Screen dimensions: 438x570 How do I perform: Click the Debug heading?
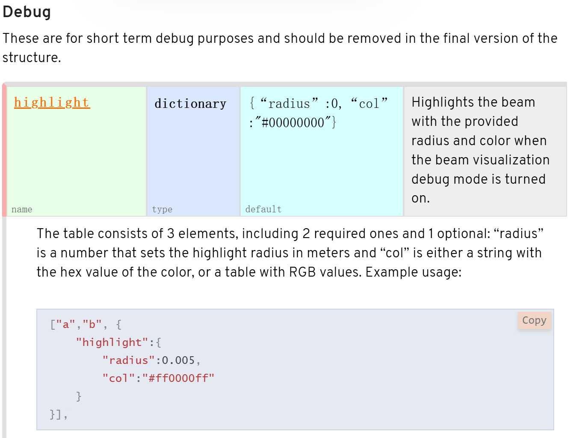[x=27, y=12]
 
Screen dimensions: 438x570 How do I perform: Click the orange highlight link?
[x=52, y=103]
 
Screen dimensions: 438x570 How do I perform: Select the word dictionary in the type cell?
[x=190, y=104]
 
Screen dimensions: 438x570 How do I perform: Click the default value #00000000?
[x=293, y=123]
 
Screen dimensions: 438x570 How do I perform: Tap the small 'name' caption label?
[x=22, y=209]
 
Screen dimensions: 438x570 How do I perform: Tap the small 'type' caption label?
[x=162, y=209]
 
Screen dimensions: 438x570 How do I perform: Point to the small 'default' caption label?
[x=263, y=209]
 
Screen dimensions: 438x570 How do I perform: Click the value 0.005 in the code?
[x=178, y=361]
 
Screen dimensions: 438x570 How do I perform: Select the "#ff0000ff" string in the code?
[x=178, y=378]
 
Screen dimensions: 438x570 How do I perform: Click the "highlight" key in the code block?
[x=112, y=343]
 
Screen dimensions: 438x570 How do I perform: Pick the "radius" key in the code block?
[x=129, y=361]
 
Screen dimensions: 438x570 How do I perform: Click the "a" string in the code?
[x=66, y=325]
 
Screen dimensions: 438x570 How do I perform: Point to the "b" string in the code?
[x=92, y=325]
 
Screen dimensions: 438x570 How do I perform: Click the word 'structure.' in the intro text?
[x=32, y=57]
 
